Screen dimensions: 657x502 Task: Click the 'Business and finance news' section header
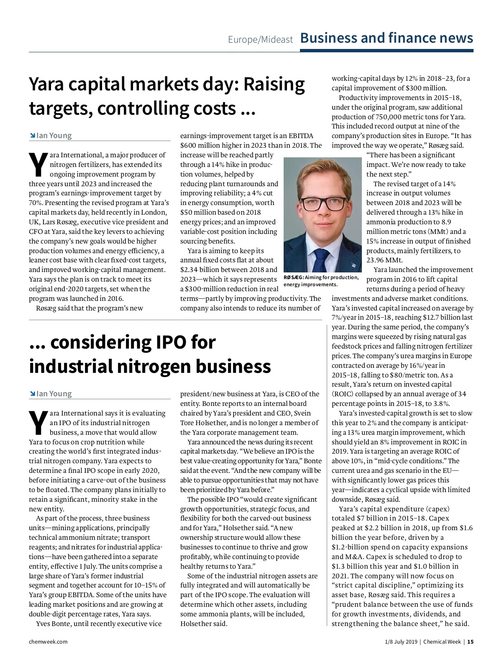(x=387, y=38)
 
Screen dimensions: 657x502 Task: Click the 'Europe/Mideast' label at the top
(x=260, y=40)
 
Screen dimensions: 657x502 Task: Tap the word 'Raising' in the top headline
(x=274, y=84)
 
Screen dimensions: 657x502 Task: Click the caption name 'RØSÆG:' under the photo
(x=294, y=277)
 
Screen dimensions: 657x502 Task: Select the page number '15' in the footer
(x=470, y=642)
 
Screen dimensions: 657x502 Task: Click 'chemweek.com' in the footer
(x=48, y=642)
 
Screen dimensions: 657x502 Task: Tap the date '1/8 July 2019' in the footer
(x=401, y=642)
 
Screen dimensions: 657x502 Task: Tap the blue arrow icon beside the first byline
(x=32, y=136)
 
